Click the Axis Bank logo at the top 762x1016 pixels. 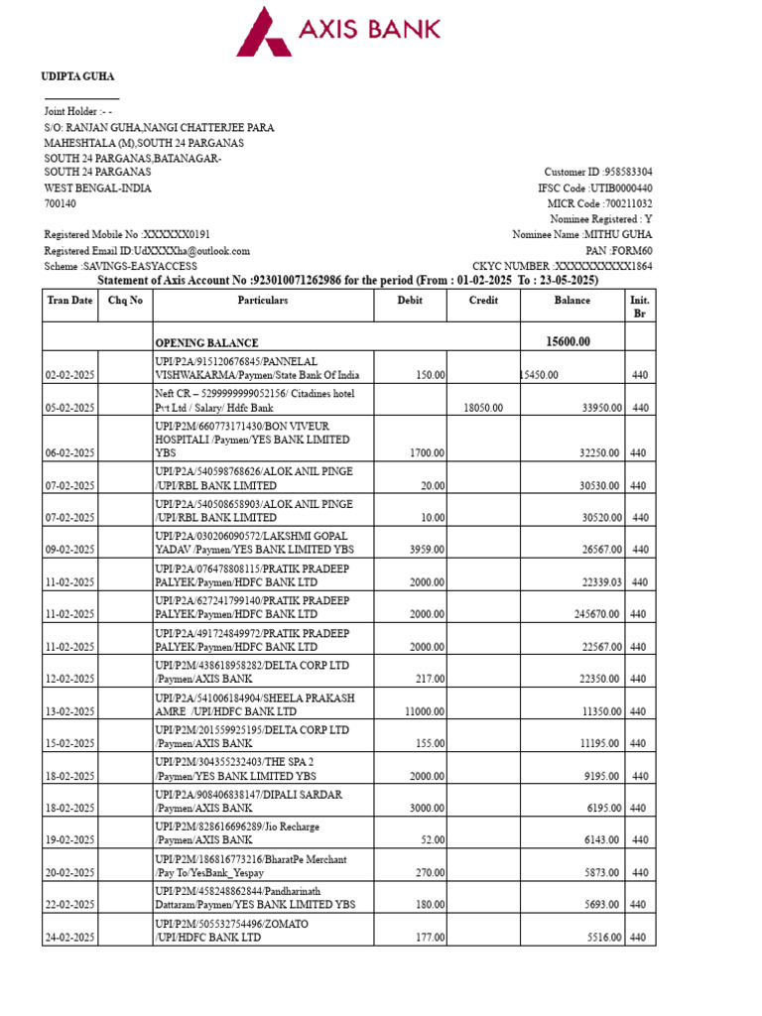(x=337, y=31)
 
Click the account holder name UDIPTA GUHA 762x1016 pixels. (x=77, y=76)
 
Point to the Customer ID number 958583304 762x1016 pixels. (x=622, y=172)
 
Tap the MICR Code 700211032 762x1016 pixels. (x=622, y=203)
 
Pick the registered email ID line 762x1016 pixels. (x=147, y=251)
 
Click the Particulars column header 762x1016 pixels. (x=262, y=300)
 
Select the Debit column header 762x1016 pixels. (x=409, y=300)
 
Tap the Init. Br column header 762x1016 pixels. (x=640, y=307)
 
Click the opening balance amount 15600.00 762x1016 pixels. (x=568, y=341)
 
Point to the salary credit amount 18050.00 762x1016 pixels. (x=483, y=407)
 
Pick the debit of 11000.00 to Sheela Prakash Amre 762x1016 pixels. (x=425, y=711)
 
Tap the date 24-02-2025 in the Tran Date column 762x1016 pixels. (x=69, y=938)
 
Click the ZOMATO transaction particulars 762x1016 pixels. (x=231, y=931)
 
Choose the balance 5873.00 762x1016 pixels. (x=601, y=872)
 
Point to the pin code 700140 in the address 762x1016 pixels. (x=60, y=203)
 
